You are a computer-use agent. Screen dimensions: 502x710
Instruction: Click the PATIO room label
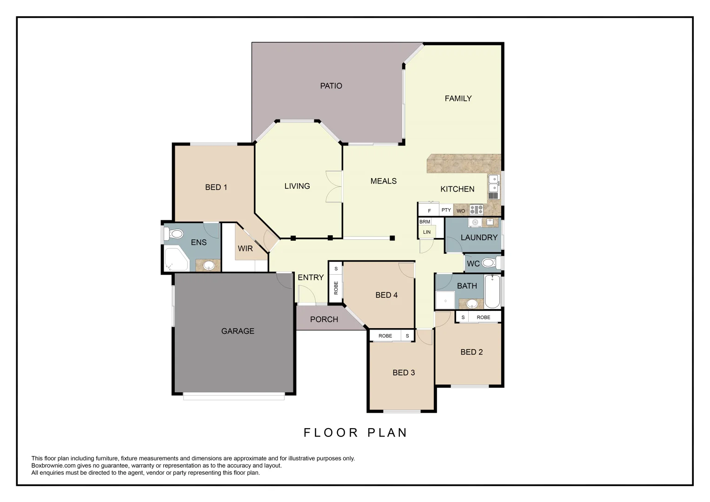(331, 86)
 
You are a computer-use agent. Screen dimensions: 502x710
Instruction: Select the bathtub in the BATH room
(492, 291)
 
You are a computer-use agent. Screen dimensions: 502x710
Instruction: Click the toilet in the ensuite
(174, 234)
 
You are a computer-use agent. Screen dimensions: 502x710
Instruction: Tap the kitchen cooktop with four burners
(476, 210)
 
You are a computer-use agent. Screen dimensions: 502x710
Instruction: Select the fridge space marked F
(429, 211)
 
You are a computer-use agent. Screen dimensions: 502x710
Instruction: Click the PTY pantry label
(446, 210)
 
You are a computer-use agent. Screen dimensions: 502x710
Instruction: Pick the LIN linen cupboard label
(426, 232)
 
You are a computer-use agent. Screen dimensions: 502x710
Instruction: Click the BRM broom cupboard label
(425, 222)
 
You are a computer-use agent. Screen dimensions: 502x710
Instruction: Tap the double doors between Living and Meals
(334, 186)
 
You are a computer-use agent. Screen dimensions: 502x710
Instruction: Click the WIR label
(245, 248)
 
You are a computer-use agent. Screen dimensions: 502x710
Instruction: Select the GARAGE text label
(238, 331)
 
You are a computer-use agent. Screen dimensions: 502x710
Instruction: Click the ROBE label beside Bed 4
(336, 288)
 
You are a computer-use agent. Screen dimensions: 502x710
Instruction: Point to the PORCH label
(324, 319)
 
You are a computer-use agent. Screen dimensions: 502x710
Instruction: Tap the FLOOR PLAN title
(355, 433)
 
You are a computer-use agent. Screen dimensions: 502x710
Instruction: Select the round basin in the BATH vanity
(472, 304)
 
